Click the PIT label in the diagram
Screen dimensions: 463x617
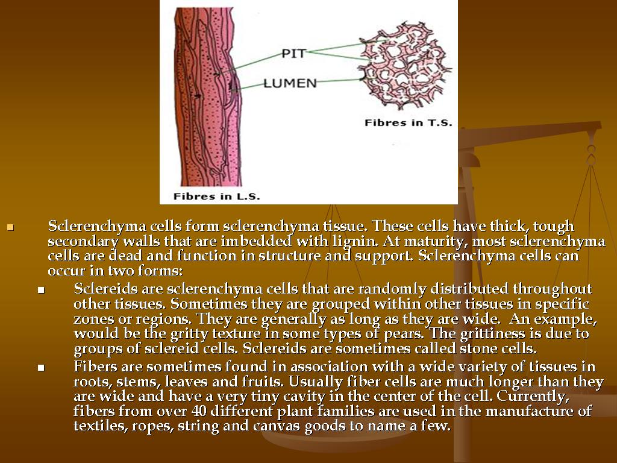[x=293, y=53]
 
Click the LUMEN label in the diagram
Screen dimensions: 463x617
[x=290, y=83]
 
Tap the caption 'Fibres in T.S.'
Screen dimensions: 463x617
[x=408, y=123]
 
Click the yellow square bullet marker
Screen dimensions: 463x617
[x=10, y=228]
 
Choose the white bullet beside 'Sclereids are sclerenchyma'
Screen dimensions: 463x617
[x=42, y=290]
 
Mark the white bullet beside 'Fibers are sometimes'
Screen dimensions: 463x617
[x=42, y=368]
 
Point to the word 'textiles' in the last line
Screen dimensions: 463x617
[x=96, y=426]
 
